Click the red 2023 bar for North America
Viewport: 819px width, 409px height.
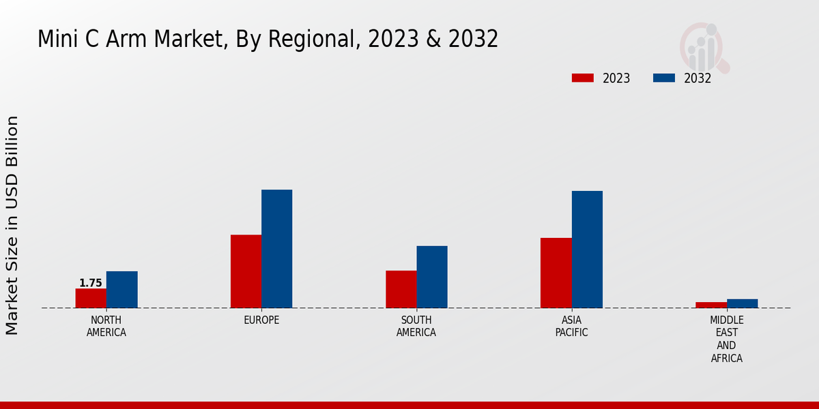click(x=91, y=298)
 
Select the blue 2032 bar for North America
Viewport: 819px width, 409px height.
click(x=121, y=290)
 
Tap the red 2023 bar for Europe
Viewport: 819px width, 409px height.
click(x=246, y=271)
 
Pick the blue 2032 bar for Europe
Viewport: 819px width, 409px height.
click(x=276, y=249)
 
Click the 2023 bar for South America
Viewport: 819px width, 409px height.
click(x=401, y=289)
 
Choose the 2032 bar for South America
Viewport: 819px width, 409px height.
click(x=432, y=277)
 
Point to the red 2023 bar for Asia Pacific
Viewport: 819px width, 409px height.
click(x=556, y=273)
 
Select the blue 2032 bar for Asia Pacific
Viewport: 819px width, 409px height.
click(x=587, y=249)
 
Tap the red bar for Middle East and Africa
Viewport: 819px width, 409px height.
click(x=711, y=305)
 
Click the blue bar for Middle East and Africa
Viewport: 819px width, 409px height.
click(x=742, y=303)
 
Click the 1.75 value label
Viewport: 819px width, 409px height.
click(x=91, y=283)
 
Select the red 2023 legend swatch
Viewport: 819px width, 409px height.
click(x=583, y=78)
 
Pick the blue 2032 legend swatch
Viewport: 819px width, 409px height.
click(x=663, y=78)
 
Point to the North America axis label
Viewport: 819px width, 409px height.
click(x=106, y=327)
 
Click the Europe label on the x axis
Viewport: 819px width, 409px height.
click(x=261, y=320)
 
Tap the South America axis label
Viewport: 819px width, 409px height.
click(x=416, y=327)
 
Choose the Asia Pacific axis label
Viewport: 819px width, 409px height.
click(x=571, y=327)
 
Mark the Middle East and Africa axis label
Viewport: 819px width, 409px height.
click(x=727, y=339)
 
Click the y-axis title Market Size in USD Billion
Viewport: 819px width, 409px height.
click(x=12, y=225)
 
